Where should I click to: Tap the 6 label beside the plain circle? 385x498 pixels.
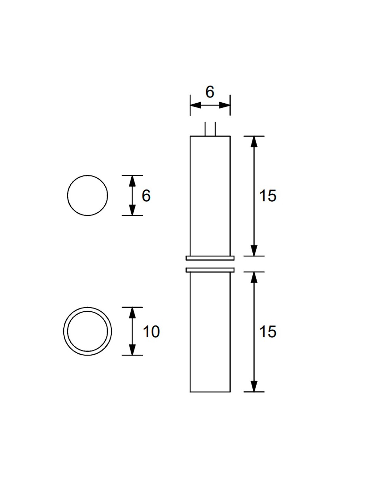point(146,196)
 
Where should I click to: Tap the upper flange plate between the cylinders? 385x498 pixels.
point(210,258)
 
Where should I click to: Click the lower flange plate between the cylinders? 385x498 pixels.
point(210,270)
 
